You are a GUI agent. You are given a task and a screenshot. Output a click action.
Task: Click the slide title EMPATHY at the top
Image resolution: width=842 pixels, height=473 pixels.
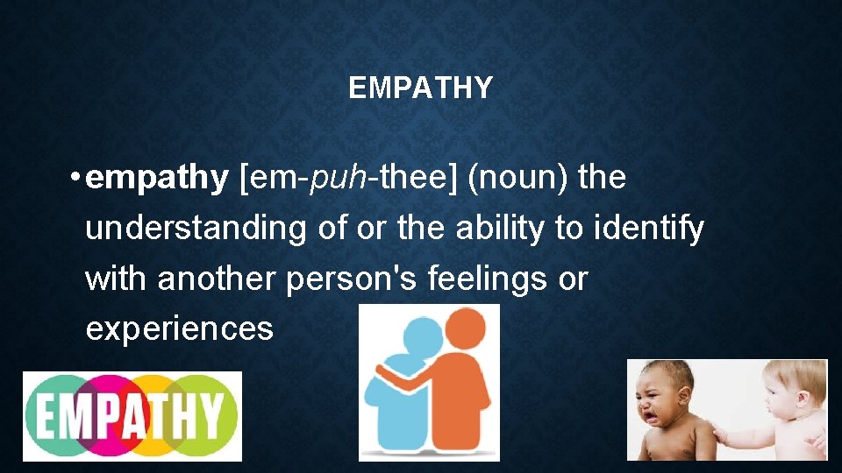[420, 88]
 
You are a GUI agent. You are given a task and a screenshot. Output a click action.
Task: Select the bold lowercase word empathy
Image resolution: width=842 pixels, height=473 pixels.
[158, 179]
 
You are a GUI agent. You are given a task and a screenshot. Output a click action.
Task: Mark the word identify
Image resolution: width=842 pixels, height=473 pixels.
[649, 229]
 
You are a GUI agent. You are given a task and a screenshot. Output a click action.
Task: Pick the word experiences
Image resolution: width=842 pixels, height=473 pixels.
[179, 329]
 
